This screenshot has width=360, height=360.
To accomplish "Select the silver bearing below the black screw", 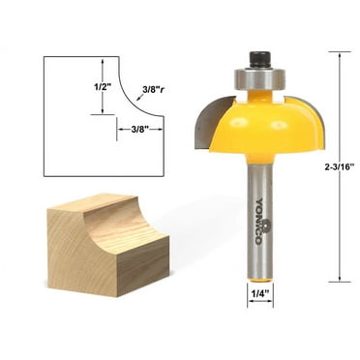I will [258, 76].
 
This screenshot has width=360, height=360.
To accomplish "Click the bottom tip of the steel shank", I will [258, 278].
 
